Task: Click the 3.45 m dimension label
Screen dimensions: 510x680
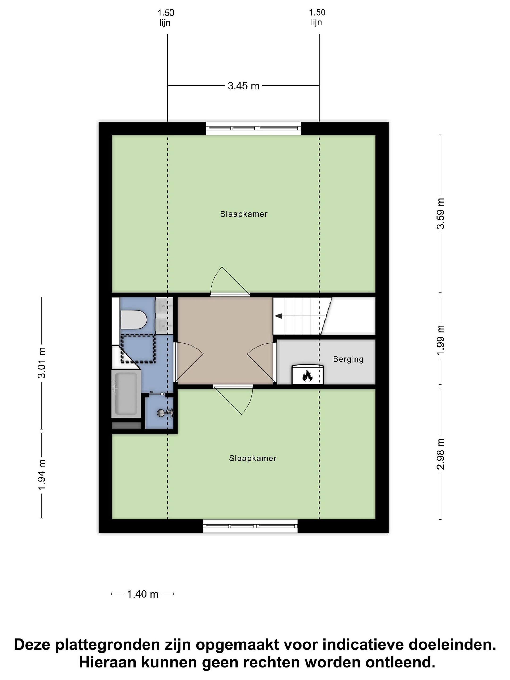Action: pos(243,86)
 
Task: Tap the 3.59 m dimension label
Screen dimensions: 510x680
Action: pos(441,213)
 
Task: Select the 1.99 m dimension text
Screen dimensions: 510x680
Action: pos(441,340)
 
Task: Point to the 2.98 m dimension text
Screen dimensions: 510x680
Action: pos(441,454)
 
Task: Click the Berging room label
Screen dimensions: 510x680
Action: pos(348,359)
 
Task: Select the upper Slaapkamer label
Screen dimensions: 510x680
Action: pos(244,214)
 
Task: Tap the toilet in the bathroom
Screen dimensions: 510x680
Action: pos(133,319)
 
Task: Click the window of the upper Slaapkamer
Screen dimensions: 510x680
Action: pos(253,128)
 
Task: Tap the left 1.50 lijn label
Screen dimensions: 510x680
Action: pos(166,17)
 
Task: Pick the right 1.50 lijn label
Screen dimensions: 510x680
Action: pos(317,17)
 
